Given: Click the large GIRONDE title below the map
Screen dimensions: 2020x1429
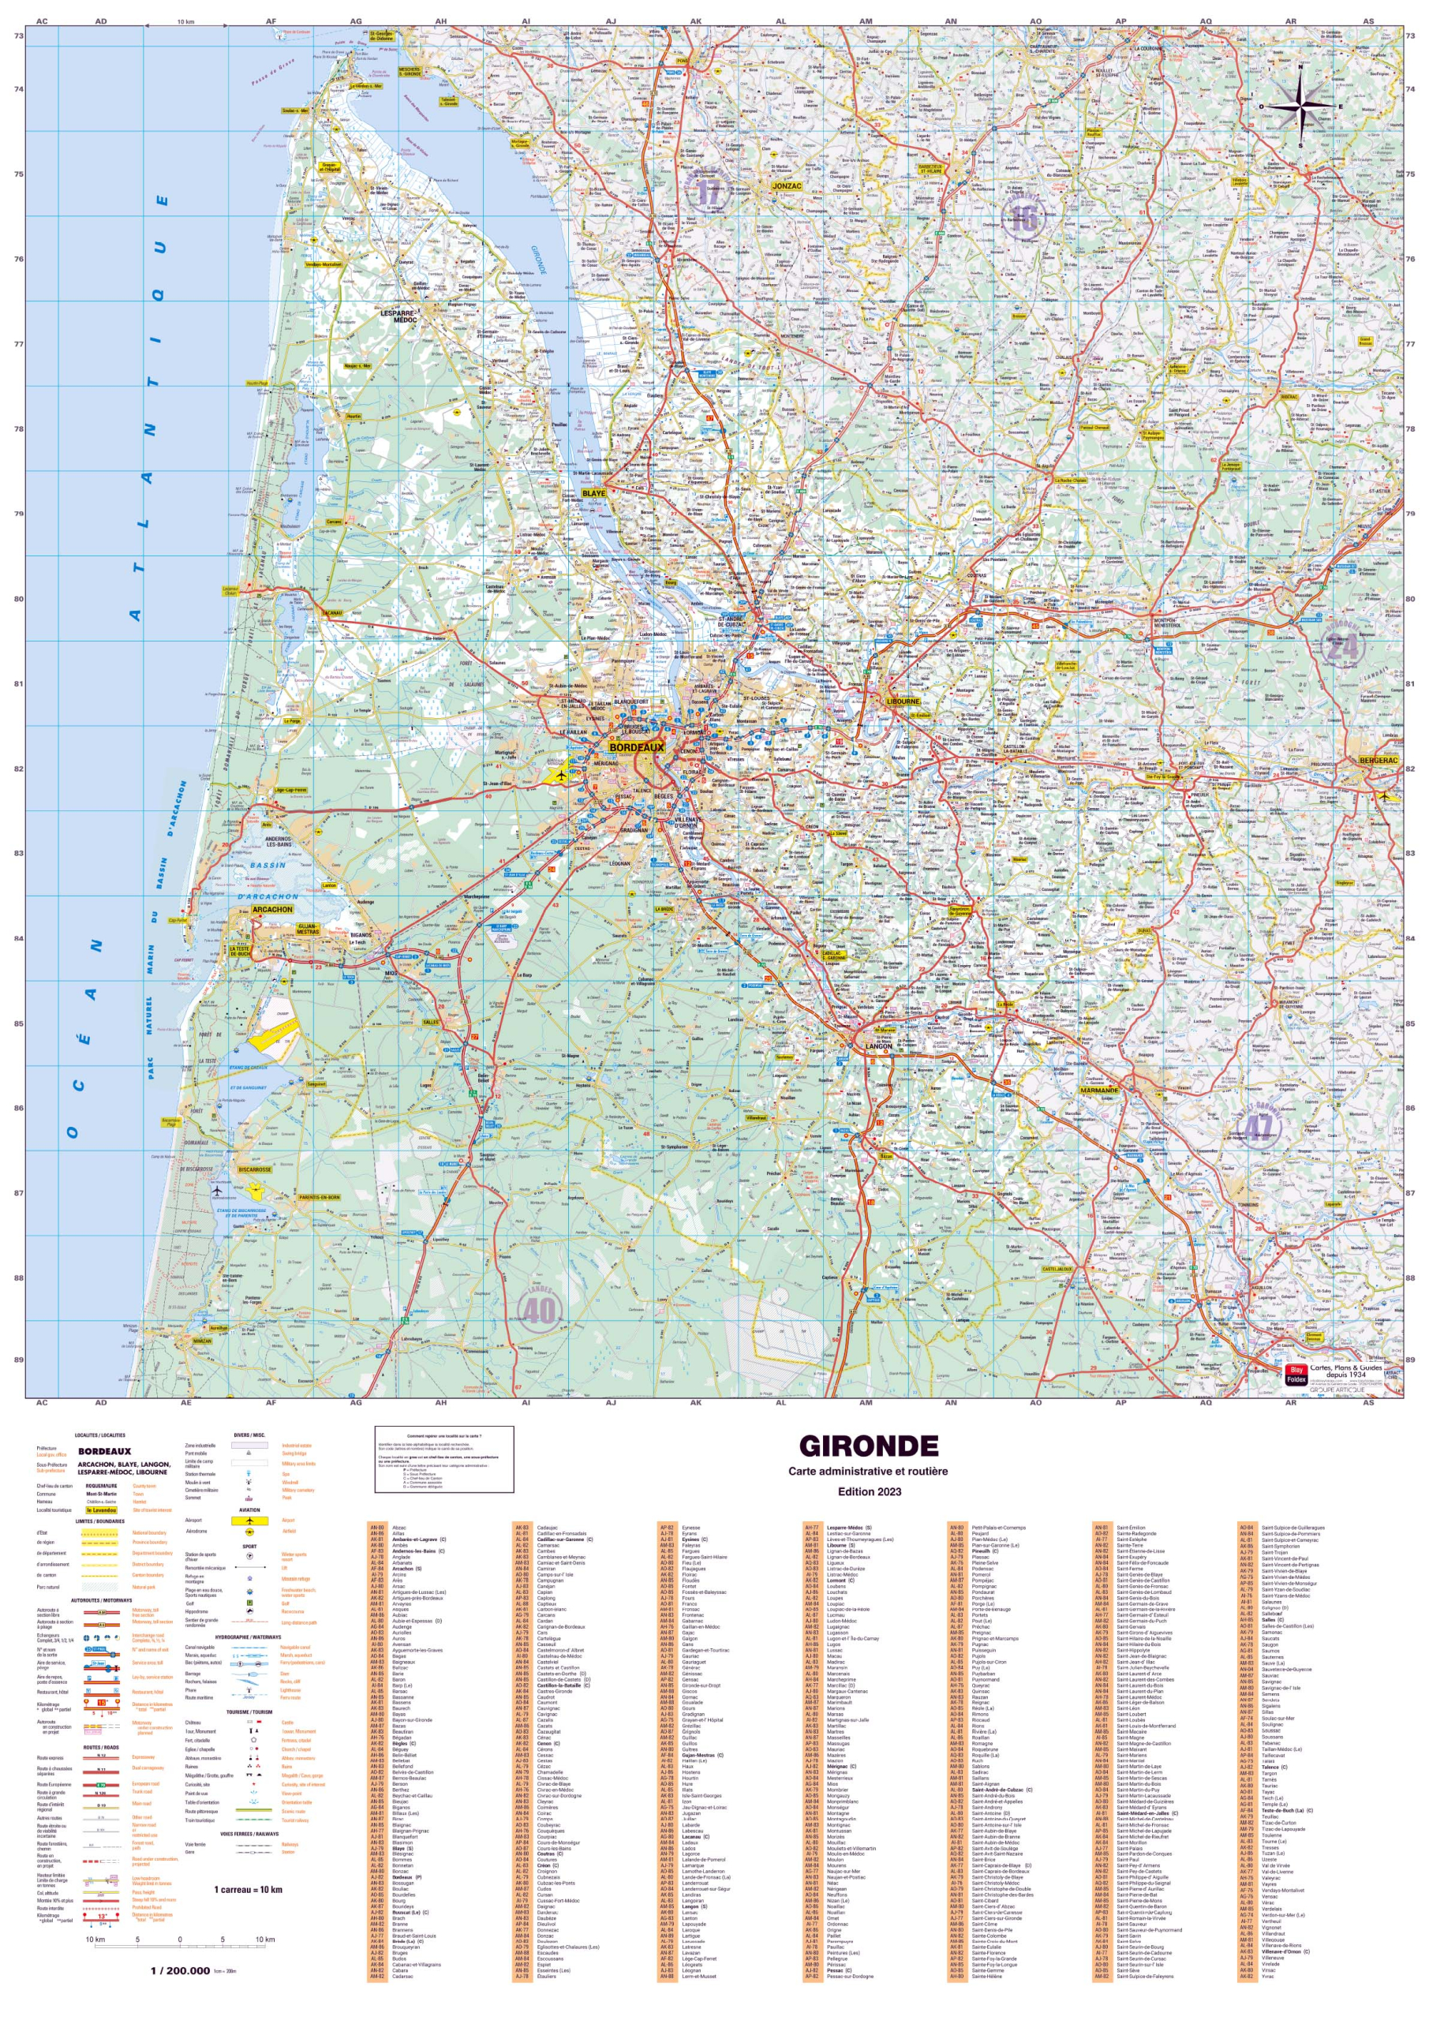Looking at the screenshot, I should point(868,1446).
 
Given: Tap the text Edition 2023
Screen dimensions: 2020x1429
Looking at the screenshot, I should point(868,1491).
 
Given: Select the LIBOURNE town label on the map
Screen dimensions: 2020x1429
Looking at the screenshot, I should point(903,702).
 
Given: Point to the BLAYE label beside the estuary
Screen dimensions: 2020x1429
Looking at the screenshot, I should point(594,494).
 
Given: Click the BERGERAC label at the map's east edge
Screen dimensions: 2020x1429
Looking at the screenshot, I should point(1378,760).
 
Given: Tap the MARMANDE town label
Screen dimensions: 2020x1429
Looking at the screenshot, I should point(1099,1090).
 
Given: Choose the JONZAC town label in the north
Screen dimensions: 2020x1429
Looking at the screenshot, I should point(786,186).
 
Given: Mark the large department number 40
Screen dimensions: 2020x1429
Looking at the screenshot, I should point(538,1310).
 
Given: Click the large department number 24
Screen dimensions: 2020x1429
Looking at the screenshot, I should point(1342,649).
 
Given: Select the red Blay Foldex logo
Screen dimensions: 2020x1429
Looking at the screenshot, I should point(1295,1375).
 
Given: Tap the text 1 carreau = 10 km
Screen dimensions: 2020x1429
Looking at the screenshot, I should point(248,1889).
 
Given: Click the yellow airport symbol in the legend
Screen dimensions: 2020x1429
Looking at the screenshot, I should point(250,1521).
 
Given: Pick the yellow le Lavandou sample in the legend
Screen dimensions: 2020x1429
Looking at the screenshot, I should point(102,1509).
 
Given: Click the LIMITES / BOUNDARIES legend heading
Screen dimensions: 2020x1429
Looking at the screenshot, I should point(99,1521).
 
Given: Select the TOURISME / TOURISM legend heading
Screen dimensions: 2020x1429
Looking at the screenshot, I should point(249,1712).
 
